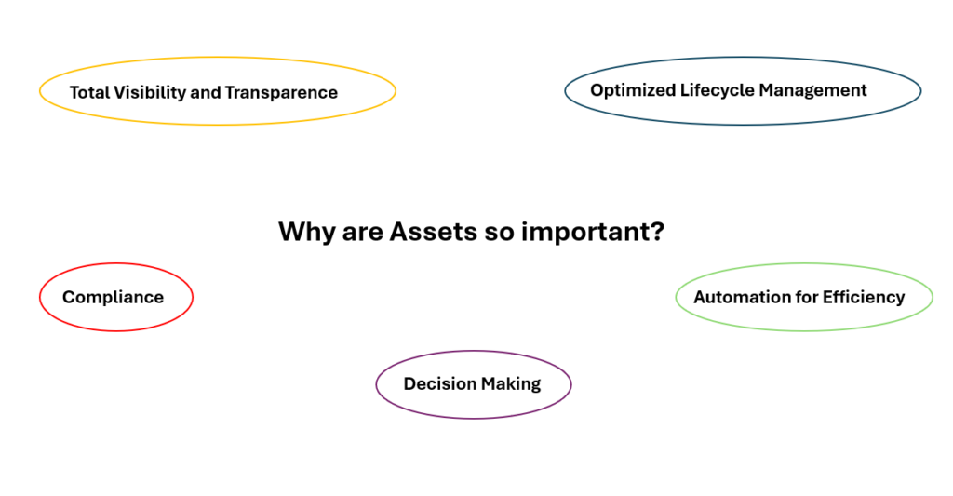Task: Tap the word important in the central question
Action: pos(593,233)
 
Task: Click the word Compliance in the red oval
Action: pos(113,297)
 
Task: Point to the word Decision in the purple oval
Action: pos(439,383)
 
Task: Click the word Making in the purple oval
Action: pos(511,384)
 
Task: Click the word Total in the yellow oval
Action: pos(89,92)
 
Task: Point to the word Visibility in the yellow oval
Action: pos(150,93)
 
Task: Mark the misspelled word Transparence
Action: pos(281,93)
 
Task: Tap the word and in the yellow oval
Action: pos(206,92)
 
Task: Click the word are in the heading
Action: pos(362,234)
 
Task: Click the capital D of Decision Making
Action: pos(410,384)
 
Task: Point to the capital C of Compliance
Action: pos(70,297)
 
